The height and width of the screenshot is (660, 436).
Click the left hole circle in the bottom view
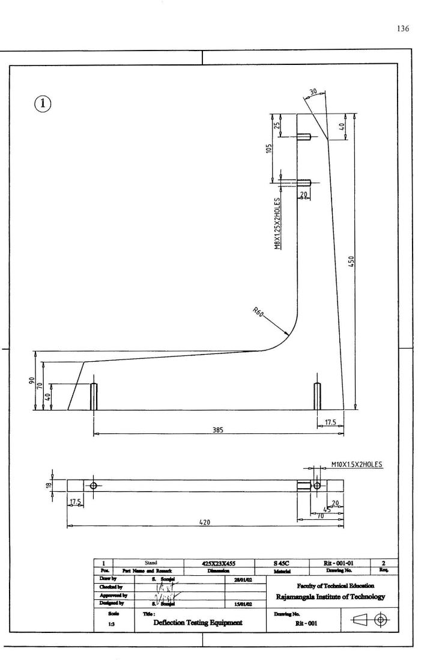click(94, 485)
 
